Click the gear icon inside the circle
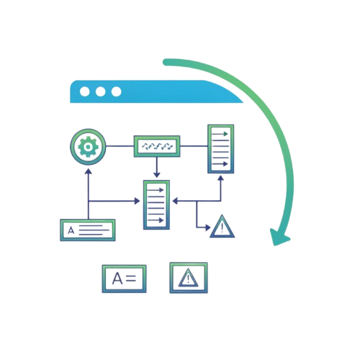tap(88, 147)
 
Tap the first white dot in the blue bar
tap(85, 91)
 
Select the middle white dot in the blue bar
tap(100, 91)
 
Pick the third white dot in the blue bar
tap(117, 91)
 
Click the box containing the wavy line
tap(157, 146)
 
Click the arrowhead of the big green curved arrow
tap(279, 237)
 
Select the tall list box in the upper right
tap(221, 149)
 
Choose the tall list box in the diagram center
tap(156, 205)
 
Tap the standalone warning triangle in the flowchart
tap(222, 227)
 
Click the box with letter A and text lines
tap(88, 230)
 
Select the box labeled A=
tap(124, 279)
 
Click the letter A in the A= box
tap(117, 279)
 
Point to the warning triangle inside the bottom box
tap(189, 279)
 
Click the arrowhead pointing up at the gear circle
tap(89, 171)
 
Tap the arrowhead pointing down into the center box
tap(157, 174)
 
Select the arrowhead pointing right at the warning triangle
tap(208, 228)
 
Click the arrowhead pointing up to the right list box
tap(221, 178)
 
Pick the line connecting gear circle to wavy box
tap(120, 146)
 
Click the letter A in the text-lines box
tap(71, 230)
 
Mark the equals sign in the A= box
tap(131, 279)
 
